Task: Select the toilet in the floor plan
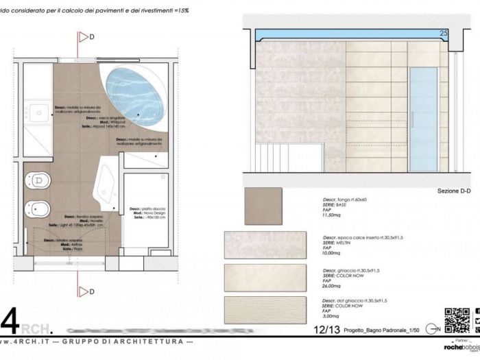pyautogui.click(x=38, y=181)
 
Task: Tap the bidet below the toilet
pyautogui.click(x=36, y=207)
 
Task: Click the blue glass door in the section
pyautogui.click(x=423, y=120)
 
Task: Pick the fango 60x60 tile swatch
pyautogui.click(x=263, y=206)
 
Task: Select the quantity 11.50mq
pyautogui.click(x=333, y=216)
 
